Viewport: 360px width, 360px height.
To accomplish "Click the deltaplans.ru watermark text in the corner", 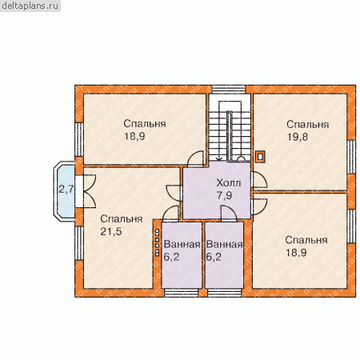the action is pyautogui.click(x=30, y=6).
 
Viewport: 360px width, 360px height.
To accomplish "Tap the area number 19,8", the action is pyautogui.click(x=298, y=137).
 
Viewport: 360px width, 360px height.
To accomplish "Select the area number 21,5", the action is pyautogui.click(x=111, y=231).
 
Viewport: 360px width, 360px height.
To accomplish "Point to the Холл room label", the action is pyautogui.click(x=229, y=183).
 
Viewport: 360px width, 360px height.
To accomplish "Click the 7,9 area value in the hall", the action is pyautogui.click(x=224, y=195).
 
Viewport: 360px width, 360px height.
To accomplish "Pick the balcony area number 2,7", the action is pyautogui.click(x=66, y=190).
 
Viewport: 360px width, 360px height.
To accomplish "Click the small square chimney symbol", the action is pyautogui.click(x=260, y=157).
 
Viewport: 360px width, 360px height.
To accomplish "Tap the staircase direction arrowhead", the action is pyautogui.click(x=219, y=158).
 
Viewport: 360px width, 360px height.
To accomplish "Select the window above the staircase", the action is pyautogui.click(x=229, y=89).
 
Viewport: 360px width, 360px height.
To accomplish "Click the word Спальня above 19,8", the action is pyautogui.click(x=307, y=125).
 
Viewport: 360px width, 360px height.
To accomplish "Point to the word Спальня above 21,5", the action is pyautogui.click(x=122, y=219).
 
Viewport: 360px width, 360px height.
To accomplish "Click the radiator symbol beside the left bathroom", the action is pyautogui.click(x=158, y=242).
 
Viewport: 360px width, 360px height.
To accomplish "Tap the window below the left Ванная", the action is pyautogui.click(x=181, y=293).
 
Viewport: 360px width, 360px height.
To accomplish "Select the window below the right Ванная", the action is pyautogui.click(x=225, y=293).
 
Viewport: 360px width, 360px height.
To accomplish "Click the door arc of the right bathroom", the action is pyautogui.click(x=229, y=214).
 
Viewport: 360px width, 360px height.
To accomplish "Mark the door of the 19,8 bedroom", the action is pyautogui.click(x=259, y=180).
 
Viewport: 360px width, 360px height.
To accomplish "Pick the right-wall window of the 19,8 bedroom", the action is pyautogui.click(x=352, y=158).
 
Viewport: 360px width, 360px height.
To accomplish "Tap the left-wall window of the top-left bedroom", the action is pyautogui.click(x=79, y=139).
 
